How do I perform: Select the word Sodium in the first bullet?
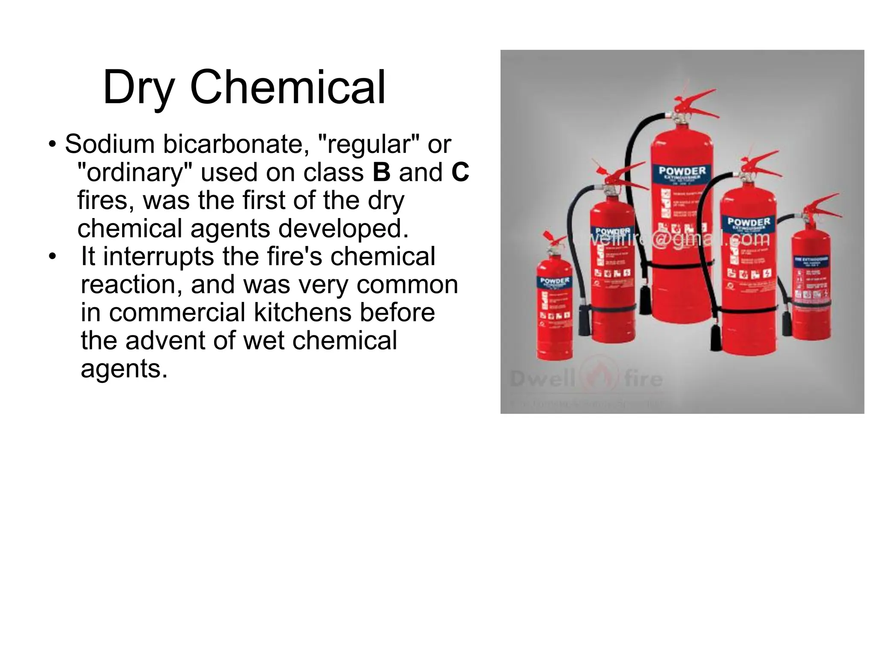(109, 144)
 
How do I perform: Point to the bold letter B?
(382, 172)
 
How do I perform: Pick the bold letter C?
(460, 172)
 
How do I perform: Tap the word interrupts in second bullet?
(159, 256)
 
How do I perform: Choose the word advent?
(180, 341)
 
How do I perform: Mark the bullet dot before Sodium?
(52, 145)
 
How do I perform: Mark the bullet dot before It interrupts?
(52, 257)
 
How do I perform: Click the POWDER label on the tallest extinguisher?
(682, 171)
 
